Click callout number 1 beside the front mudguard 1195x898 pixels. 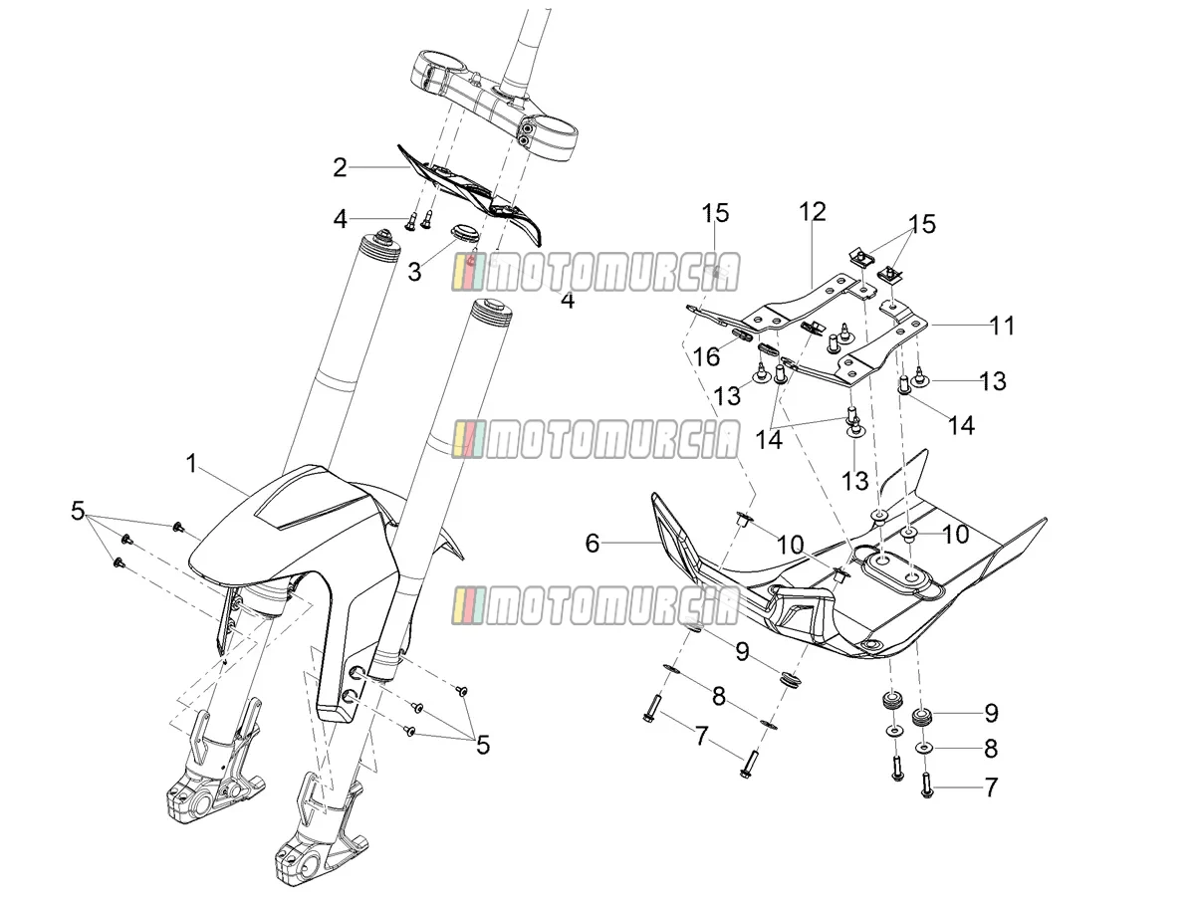[191, 464]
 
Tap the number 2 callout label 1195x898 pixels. [340, 167]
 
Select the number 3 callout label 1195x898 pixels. [414, 272]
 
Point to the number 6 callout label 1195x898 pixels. [593, 544]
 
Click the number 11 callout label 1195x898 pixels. [1002, 326]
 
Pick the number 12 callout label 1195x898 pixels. [813, 212]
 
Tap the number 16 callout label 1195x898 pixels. [706, 357]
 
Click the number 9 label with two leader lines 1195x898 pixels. [742, 651]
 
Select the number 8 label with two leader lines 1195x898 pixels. [719, 696]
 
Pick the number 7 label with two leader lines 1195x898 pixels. [701, 736]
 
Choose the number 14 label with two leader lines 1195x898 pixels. [769, 440]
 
